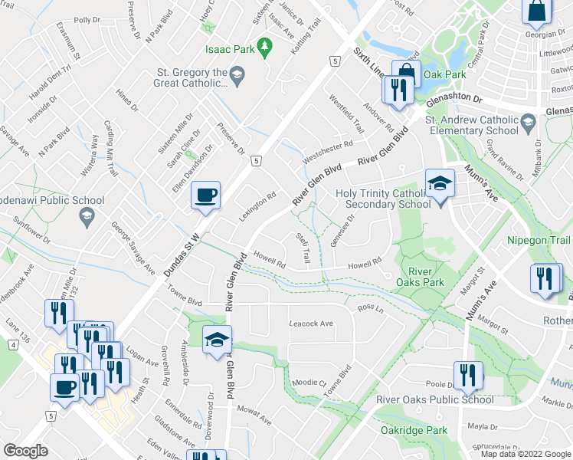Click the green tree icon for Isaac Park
coord(265,48)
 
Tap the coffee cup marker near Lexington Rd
coord(205,195)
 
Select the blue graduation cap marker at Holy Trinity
coord(440,183)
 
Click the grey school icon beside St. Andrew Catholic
coord(527,122)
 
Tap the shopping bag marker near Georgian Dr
coord(535,11)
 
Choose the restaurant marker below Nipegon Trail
coord(545,279)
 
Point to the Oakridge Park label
coord(414,430)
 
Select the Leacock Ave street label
coord(311,324)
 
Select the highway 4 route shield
coord(13,345)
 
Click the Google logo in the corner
coord(25,451)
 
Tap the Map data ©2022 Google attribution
coord(525,454)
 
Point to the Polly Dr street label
coord(87,20)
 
